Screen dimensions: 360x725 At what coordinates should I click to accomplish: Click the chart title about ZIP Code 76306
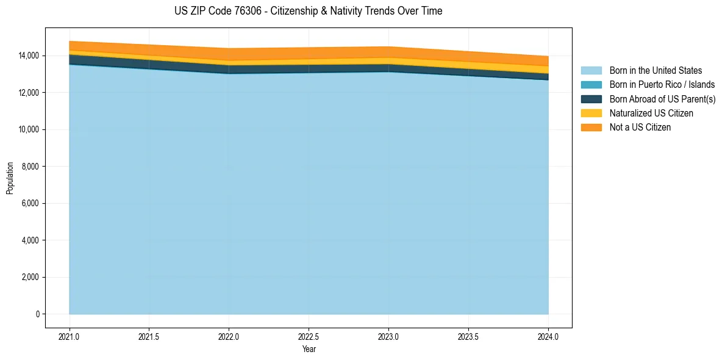pyautogui.click(x=308, y=11)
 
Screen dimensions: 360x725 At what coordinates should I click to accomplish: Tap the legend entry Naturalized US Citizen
pyautogui.click(x=651, y=113)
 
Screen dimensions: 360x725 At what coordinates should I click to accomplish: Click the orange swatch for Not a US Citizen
pyautogui.click(x=591, y=127)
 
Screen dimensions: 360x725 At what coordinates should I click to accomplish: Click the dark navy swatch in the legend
pyautogui.click(x=591, y=99)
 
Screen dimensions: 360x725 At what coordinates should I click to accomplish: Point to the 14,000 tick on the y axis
pyautogui.click(x=29, y=56)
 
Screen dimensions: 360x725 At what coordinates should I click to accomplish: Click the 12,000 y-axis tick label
pyautogui.click(x=29, y=93)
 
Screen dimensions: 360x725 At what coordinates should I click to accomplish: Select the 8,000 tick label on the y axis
pyautogui.click(x=30, y=167)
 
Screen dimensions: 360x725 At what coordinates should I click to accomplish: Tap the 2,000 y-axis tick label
pyautogui.click(x=30, y=277)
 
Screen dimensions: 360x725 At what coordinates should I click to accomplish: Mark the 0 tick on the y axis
pyautogui.click(x=38, y=314)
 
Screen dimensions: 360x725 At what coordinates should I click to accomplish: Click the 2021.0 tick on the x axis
pyautogui.click(x=70, y=336)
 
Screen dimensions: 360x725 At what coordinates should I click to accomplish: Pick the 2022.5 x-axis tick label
pyautogui.click(x=309, y=336)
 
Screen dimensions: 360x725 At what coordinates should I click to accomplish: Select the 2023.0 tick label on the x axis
pyautogui.click(x=388, y=336)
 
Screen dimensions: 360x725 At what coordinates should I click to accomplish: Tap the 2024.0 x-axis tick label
pyautogui.click(x=548, y=336)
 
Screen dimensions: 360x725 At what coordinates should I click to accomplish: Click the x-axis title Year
pyautogui.click(x=309, y=349)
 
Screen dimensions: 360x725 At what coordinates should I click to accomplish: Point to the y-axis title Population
pyautogui.click(x=10, y=178)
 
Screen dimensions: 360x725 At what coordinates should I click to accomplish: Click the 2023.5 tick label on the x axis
pyautogui.click(x=468, y=336)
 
